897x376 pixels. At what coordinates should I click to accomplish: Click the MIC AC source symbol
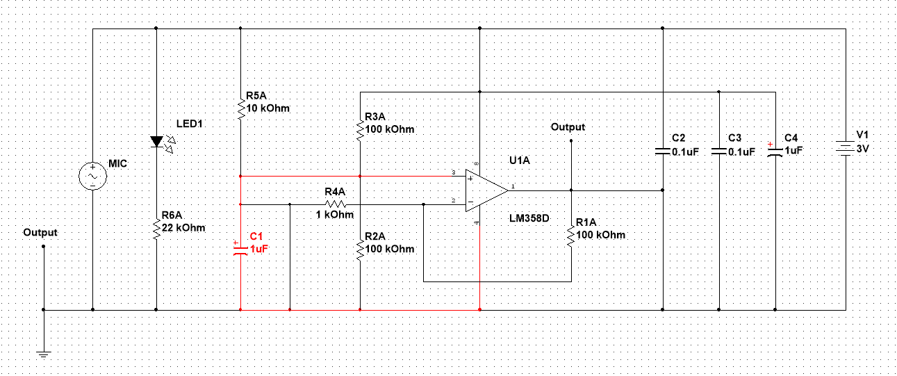(92, 177)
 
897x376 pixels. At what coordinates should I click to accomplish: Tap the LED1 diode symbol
(156, 142)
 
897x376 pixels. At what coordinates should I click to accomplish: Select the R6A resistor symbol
(156, 228)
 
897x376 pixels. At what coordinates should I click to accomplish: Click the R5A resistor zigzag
(240, 109)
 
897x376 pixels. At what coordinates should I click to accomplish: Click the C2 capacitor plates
(663, 150)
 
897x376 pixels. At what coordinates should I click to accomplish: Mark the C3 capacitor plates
(719, 151)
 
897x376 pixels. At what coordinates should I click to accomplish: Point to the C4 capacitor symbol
(775, 151)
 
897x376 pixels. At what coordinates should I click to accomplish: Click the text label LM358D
(529, 218)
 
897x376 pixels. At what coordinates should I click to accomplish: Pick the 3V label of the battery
(862, 149)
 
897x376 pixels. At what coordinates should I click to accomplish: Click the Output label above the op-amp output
(568, 127)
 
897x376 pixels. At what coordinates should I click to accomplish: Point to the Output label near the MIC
(40, 232)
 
